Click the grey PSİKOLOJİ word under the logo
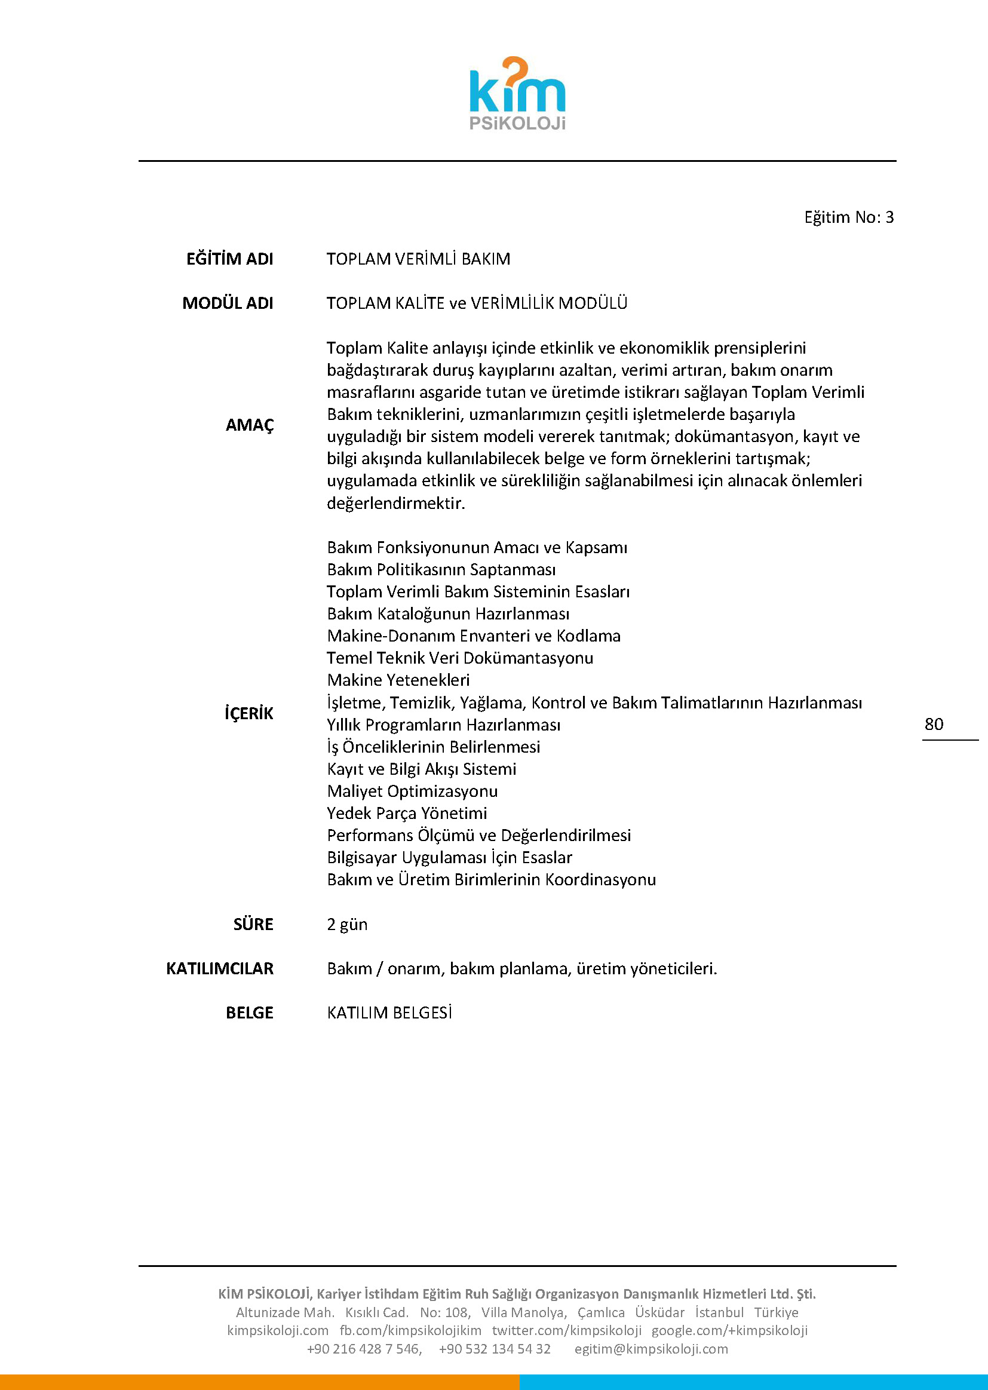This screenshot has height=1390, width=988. point(517,124)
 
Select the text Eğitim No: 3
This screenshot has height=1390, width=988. point(849,217)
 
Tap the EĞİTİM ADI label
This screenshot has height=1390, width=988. point(229,259)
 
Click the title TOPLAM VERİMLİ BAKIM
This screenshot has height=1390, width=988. point(418,259)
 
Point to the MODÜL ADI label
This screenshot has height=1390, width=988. point(228,303)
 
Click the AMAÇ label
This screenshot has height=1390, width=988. point(250,425)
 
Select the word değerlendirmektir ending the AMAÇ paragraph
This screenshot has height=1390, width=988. point(395,503)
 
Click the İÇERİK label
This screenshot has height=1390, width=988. point(249,713)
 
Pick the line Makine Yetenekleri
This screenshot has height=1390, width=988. point(398,680)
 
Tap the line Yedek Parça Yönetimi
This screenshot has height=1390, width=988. point(406,814)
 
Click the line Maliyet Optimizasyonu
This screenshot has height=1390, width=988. point(412,791)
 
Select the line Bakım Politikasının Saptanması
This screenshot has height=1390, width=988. point(441,569)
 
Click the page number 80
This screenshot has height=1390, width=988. point(933,724)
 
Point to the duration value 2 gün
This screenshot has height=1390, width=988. point(347,924)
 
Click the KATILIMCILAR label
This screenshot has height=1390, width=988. point(220,968)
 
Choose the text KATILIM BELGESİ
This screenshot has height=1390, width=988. point(389,1013)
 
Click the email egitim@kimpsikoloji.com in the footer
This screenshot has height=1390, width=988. point(651,1349)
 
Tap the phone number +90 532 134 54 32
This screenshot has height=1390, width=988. point(494,1349)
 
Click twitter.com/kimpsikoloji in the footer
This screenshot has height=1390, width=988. point(566,1330)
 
